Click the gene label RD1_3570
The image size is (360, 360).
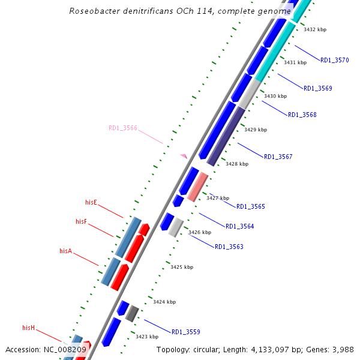(334, 60)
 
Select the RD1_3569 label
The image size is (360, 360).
(317, 88)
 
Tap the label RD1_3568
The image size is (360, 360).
(302, 115)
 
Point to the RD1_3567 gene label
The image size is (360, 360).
(278, 157)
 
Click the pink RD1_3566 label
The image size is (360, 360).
(123, 128)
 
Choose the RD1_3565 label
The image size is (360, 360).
(250, 206)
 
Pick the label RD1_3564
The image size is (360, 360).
(239, 226)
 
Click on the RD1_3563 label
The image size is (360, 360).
(229, 247)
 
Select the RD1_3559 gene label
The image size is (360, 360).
(185, 332)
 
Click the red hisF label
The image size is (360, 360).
(82, 221)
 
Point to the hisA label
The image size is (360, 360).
(65, 251)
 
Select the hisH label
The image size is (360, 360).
(29, 328)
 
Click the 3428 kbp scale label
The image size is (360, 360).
(236, 163)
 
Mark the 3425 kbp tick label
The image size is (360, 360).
(182, 267)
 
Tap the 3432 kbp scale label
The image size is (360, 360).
(314, 29)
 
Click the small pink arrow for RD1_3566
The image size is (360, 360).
(184, 156)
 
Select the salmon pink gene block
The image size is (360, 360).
(197, 187)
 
